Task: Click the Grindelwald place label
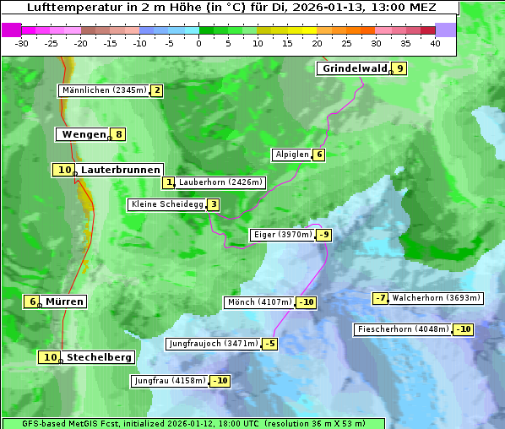click(354, 68)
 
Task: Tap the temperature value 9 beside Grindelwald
click(399, 68)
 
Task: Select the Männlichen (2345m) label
click(104, 90)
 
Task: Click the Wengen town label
click(83, 134)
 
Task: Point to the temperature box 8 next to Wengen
click(119, 134)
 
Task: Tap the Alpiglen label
click(291, 155)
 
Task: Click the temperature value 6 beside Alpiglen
click(319, 155)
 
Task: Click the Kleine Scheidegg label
click(166, 204)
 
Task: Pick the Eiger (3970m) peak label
click(282, 235)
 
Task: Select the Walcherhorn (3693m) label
click(437, 297)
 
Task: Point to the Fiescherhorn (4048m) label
click(403, 329)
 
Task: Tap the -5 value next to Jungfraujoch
click(269, 344)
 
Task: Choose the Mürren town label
click(64, 301)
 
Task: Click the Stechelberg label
click(99, 357)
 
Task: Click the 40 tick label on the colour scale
click(435, 43)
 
